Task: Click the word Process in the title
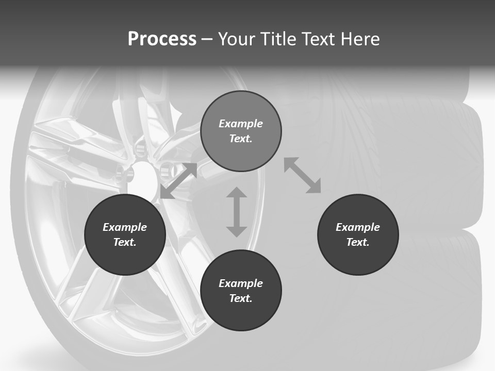tap(162, 39)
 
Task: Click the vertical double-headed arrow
tap(237, 212)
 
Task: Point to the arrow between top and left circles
tap(179, 180)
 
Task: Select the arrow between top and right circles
tap(303, 175)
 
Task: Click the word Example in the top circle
tap(241, 124)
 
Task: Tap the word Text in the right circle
tap(358, 242)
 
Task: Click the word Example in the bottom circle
tap(241, 283)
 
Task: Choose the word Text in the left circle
tap(125, 242)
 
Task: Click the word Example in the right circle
tap(358, 227)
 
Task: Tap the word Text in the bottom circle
tap(241, 298)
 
